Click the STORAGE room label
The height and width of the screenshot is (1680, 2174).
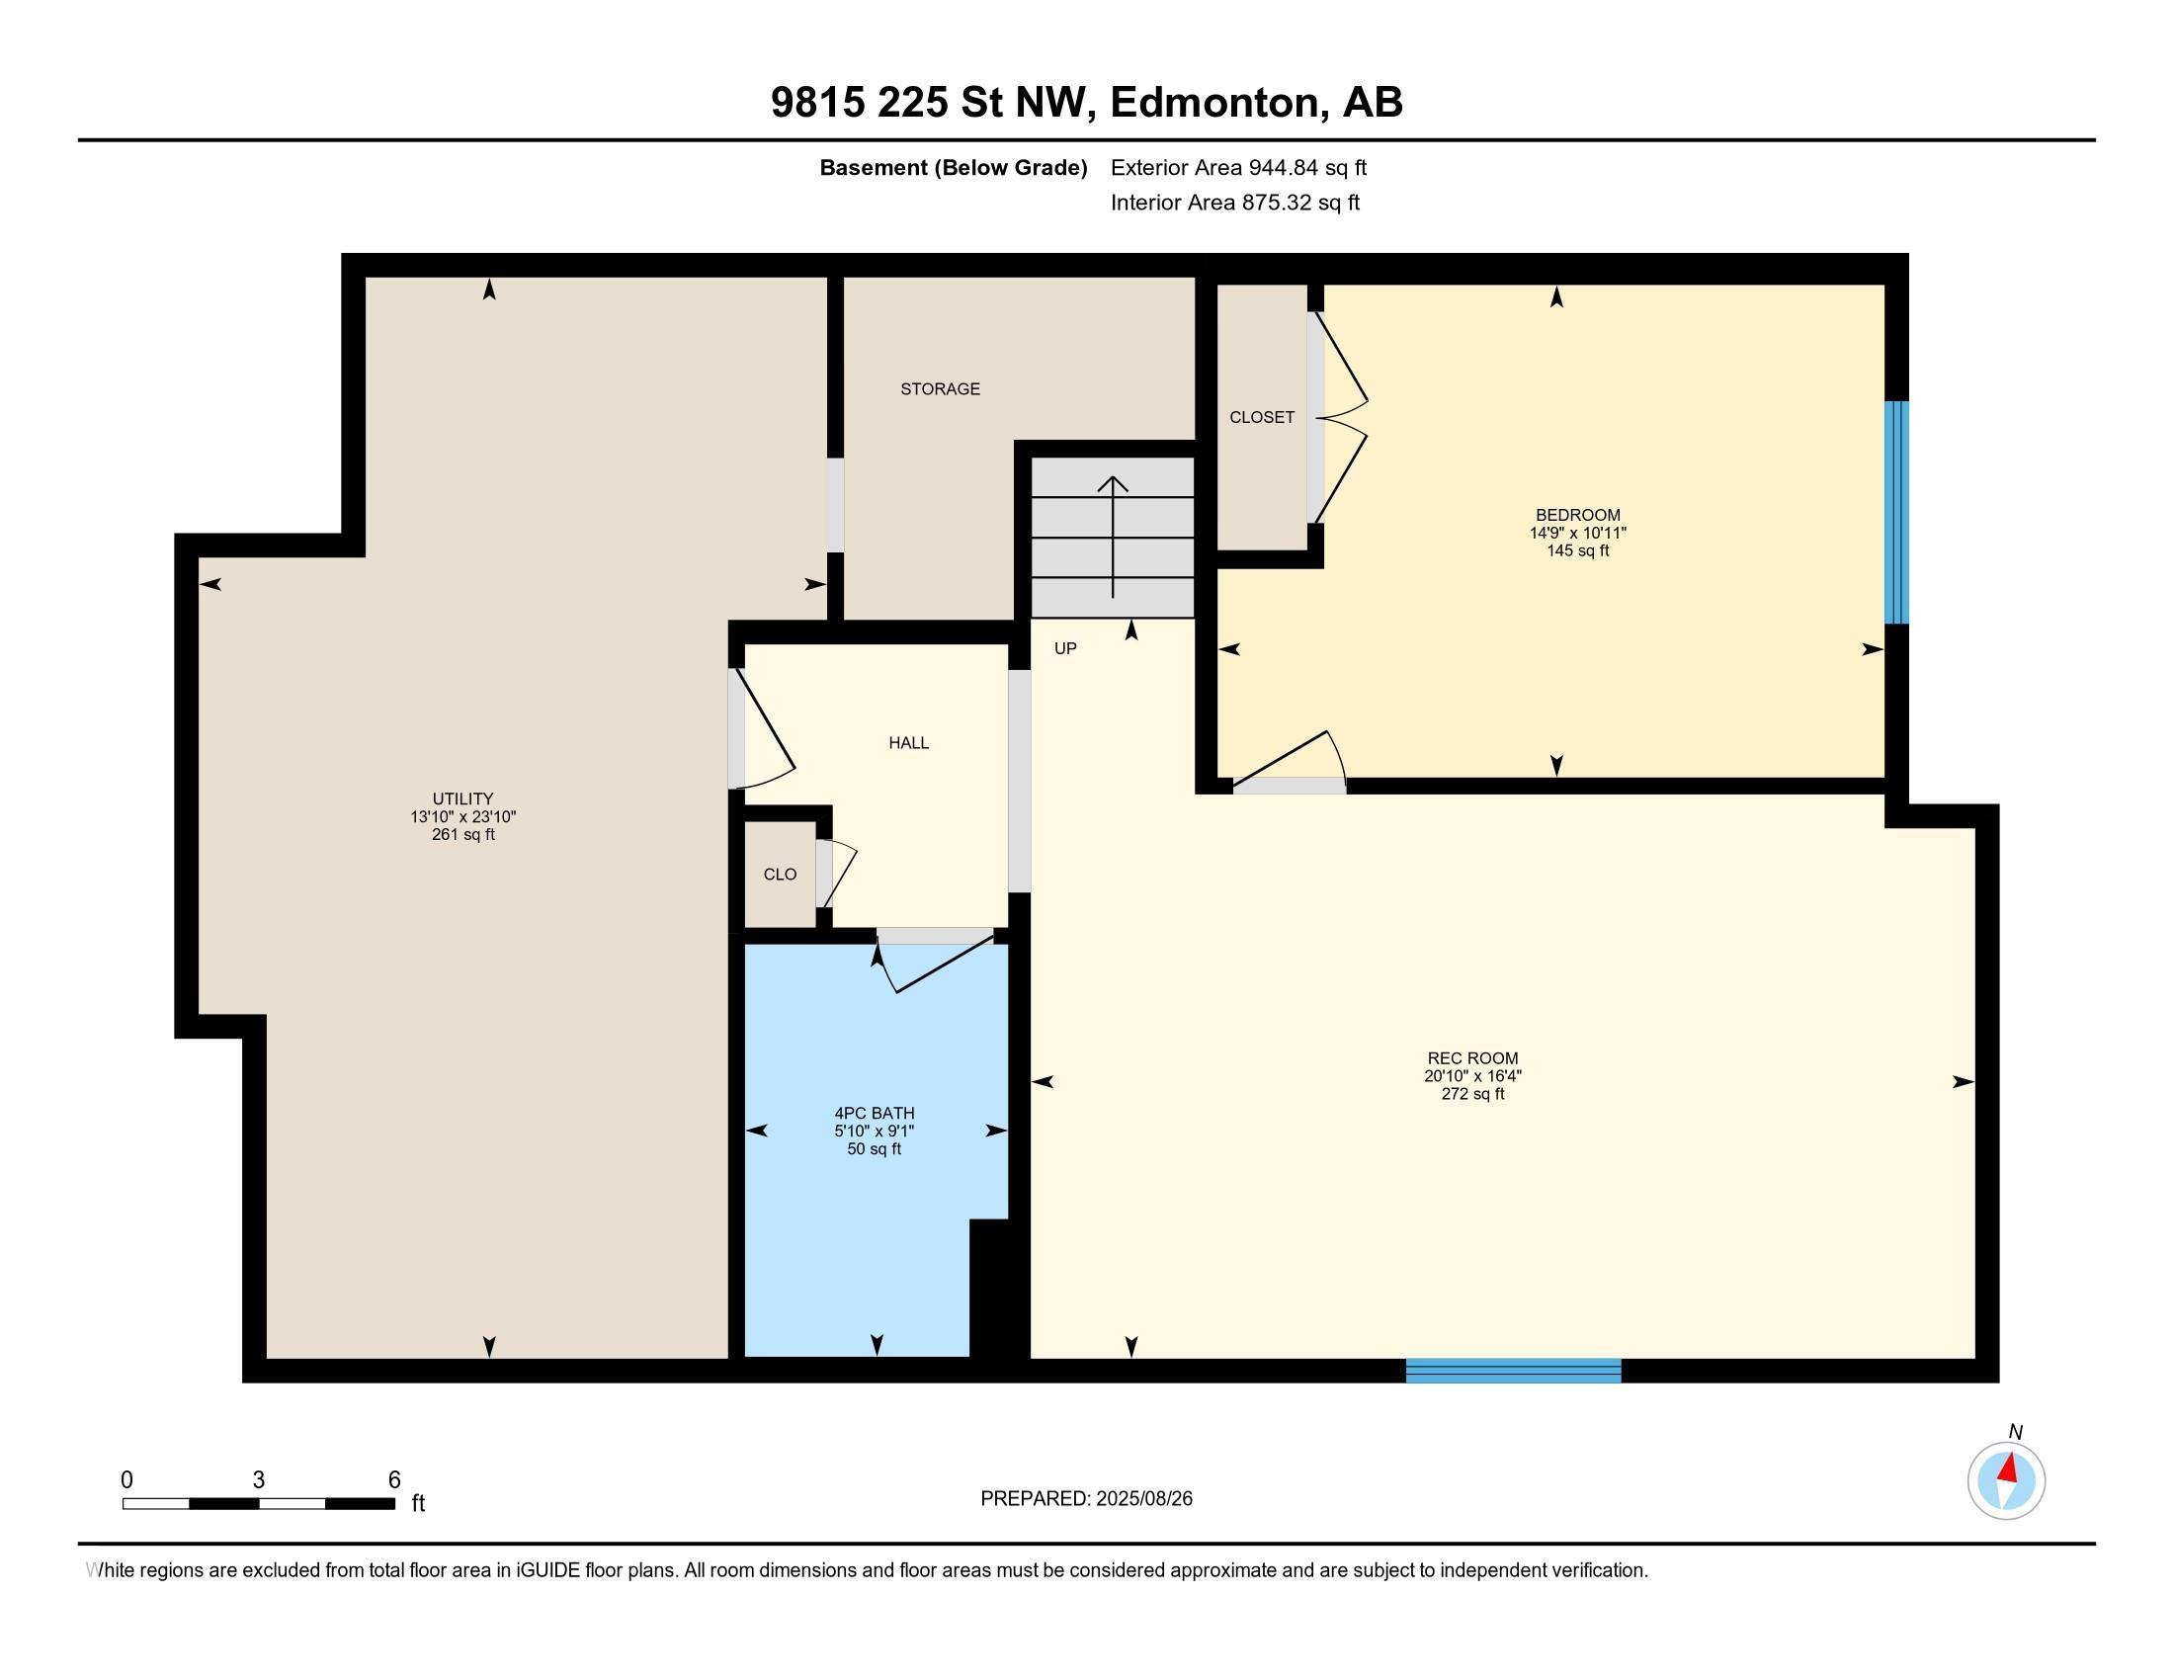[940, 389]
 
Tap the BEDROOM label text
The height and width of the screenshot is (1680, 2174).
[1577, 515]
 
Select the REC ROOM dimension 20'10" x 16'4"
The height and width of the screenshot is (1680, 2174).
[1472, 1076]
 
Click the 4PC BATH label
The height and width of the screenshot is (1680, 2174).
[874, 1113]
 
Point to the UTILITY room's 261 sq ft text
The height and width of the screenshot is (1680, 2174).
[462, 834]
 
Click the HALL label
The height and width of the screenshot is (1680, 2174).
[908, 742]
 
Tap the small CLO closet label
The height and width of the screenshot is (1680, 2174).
[780, 874]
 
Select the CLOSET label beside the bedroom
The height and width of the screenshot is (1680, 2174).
[1261, 417]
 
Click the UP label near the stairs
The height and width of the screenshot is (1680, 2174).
[1065, 648]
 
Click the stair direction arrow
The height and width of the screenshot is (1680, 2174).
[1112, 538]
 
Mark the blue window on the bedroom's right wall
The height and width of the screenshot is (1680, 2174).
[1896, 512]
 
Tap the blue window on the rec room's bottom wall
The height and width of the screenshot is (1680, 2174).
[1513, 1371]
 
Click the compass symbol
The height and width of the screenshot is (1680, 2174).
[2006, 1481]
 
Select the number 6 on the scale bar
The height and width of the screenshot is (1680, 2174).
[394, 1479]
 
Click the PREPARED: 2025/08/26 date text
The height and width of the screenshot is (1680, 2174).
[1086, 1498]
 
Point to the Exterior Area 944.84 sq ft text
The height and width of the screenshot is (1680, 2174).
[1238, 167]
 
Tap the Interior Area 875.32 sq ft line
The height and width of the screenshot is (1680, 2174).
[1234, 202]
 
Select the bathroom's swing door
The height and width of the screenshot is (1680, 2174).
[936, 962]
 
